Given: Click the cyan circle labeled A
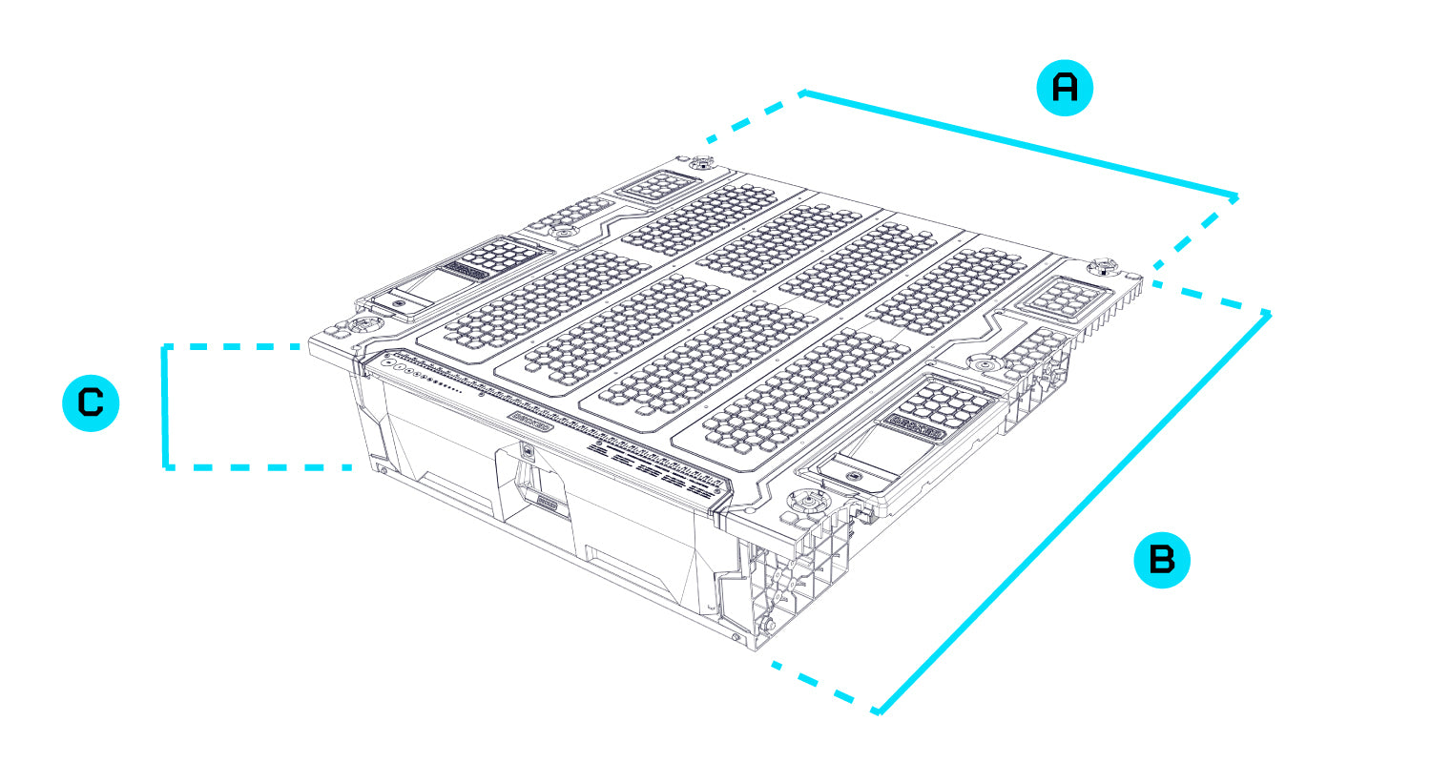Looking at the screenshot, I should click(x=1064, y=88).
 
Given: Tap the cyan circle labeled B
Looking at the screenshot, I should click(x=1161, y=559).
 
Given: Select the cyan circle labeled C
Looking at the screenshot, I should click(x=91, y=403).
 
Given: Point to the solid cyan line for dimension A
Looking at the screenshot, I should click(x=1021, y=146).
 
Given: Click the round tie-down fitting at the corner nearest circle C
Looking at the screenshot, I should click(x=363, y=325).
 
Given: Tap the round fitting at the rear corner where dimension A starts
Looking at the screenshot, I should click(x=702, y=161).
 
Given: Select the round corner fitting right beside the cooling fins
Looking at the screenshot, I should click(x=1105, y=264).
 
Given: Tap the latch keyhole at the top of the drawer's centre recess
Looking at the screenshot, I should click(x=528, y=449).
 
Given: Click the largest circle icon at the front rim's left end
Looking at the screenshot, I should click(x=387, y=362).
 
